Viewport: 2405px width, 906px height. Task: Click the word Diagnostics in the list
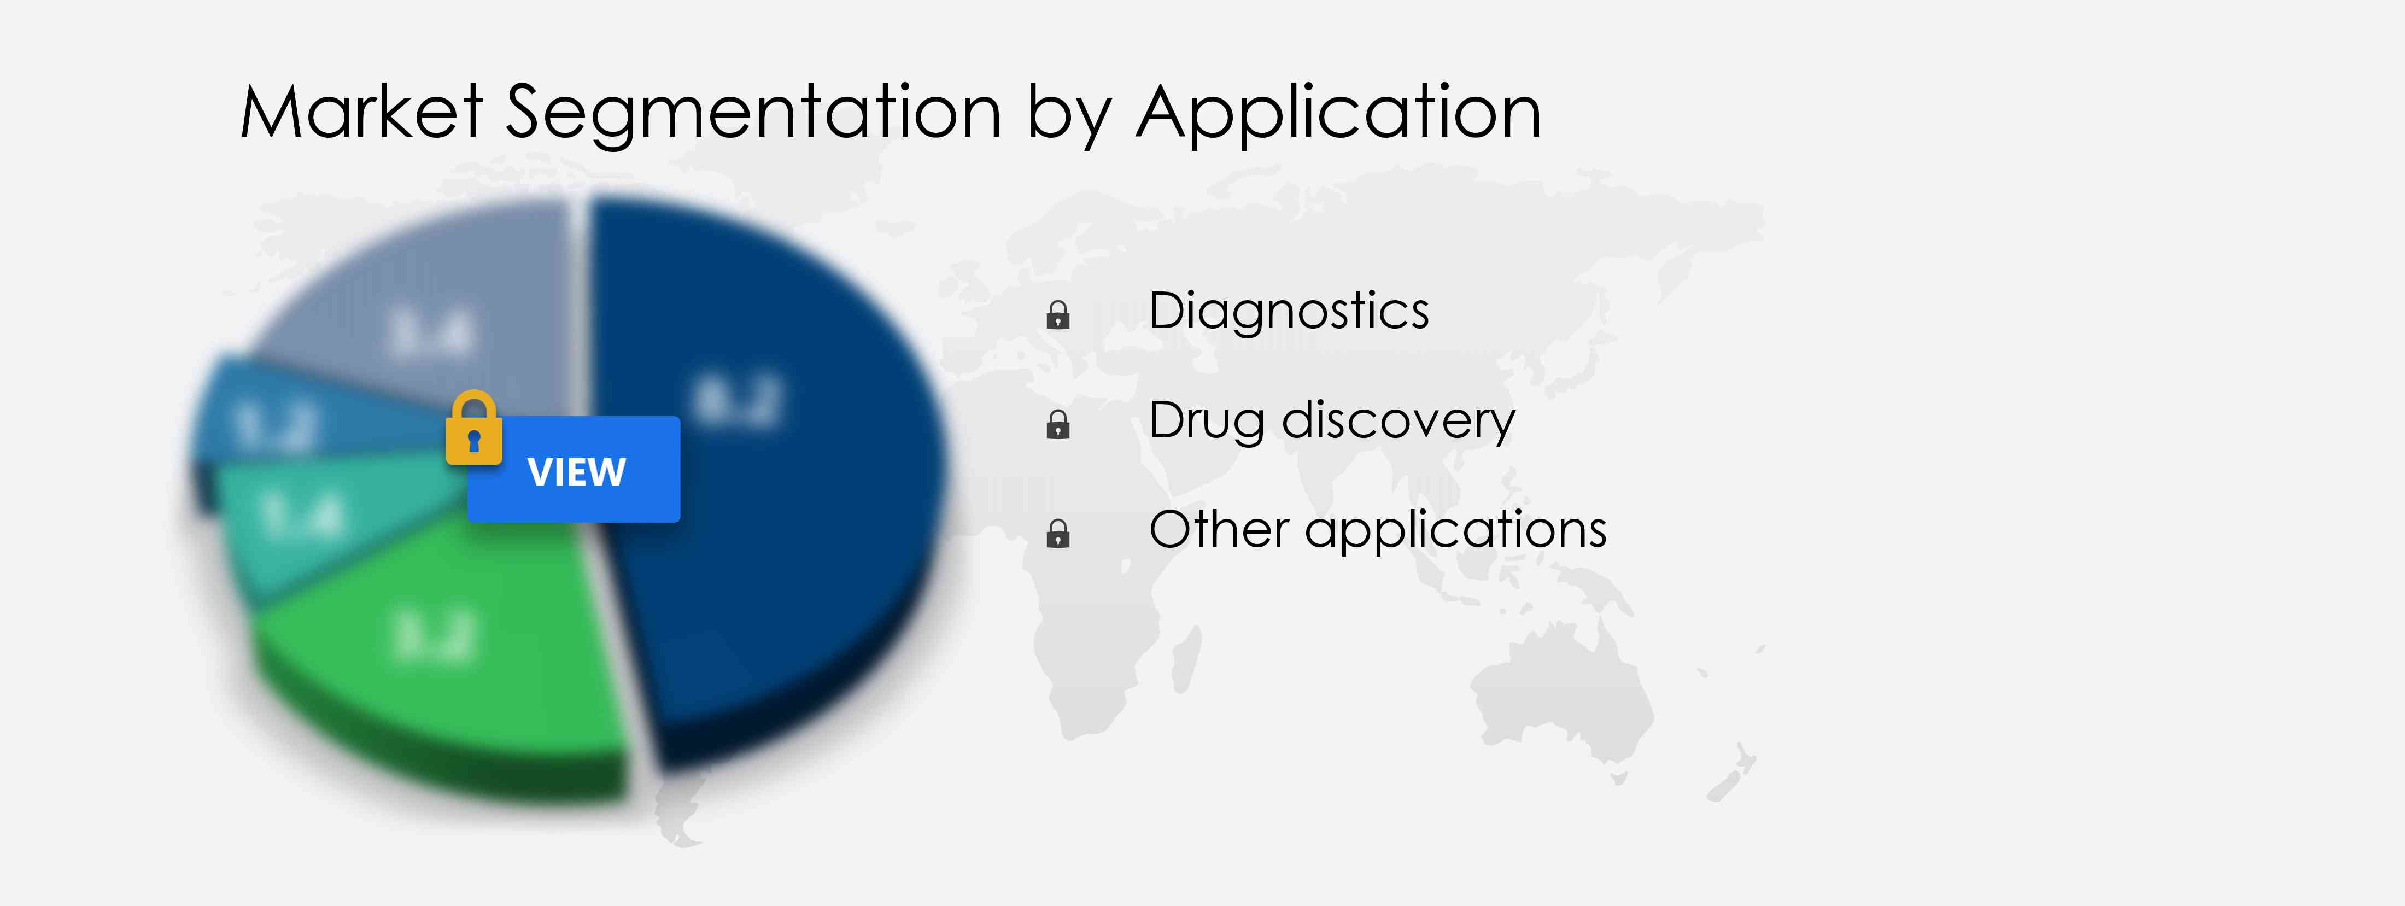coord(1289,311)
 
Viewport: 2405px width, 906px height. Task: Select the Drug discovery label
coord(1331,420)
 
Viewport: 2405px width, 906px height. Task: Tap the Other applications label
coord(1377,530)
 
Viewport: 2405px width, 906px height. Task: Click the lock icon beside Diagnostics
coord(1058,315)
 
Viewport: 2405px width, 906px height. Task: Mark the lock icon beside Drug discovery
coord(1058,424)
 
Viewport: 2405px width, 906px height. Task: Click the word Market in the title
coord(361,112)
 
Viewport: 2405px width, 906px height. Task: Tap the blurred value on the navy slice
coord(738,402)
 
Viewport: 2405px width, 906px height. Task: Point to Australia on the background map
coord(1559,691)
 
